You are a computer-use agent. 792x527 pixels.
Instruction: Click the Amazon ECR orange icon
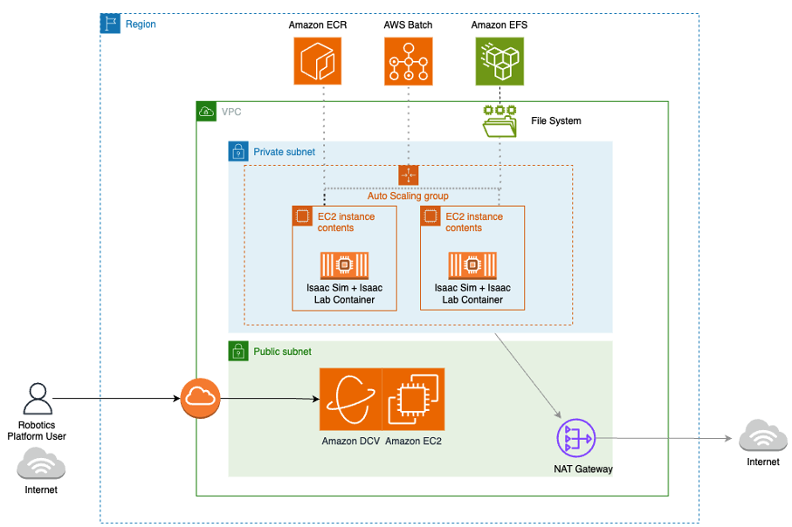click(x=318, y=61)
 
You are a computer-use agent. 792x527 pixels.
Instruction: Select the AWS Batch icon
click(x=409, y=61)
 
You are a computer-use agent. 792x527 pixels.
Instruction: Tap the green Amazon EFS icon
click(x=499, y=61)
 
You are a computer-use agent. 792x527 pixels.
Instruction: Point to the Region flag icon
click(x=110, y=24)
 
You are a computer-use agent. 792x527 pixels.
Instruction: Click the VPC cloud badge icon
click(x=206, y=112)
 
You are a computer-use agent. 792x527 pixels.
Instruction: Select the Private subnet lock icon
click(x=238, y=152)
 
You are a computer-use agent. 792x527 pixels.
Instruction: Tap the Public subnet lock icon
click(x=238, y=351)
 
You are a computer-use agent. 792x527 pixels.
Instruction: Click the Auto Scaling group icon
click(x=409, y=175)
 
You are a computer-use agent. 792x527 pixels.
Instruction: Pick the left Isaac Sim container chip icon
click(x=344, y=264)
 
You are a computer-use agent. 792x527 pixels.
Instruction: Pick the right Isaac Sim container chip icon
click(x=472, y=264)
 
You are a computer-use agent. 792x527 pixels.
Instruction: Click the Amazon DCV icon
click(x=350, y=400)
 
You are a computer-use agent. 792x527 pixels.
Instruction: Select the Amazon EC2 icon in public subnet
click(x=414, y=400)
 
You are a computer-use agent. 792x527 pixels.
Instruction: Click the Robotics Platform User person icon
click(x=37, y=399)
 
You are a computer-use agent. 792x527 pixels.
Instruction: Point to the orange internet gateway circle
click(x=200, y=399)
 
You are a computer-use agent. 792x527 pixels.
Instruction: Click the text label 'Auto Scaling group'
click(x=408, y=196)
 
